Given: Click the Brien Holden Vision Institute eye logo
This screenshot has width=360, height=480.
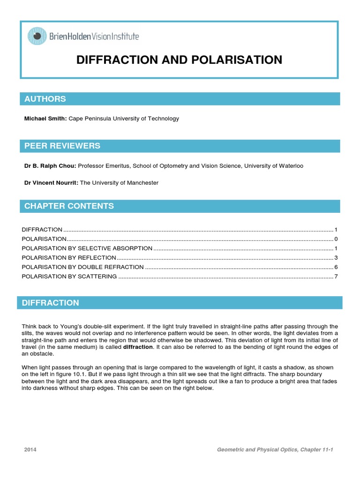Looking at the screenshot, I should point(37,36).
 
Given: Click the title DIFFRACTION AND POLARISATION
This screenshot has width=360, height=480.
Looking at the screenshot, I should point(179,60).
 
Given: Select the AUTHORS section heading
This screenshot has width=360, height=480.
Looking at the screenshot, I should point(45,99).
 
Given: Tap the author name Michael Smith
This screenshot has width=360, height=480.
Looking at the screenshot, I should point(45,119).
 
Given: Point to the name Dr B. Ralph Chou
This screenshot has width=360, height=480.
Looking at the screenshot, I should point(50,166).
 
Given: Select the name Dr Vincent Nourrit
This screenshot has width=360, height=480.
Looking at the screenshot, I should point(52,183).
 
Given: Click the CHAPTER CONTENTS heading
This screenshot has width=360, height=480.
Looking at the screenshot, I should point(69,206).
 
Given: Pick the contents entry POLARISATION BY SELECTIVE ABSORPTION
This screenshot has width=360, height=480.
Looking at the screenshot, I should point(87,248).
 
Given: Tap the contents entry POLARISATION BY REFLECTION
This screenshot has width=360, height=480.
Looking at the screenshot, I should point(69,258).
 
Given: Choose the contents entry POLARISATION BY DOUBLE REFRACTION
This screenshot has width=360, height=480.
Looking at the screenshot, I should point(83,267).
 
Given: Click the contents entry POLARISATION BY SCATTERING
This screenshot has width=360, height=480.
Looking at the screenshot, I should point(69,277).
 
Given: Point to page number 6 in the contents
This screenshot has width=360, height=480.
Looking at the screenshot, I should point(336,267).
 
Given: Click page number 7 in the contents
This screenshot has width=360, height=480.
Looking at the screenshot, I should point(336,277).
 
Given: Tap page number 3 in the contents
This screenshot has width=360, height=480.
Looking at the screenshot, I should point(336,258).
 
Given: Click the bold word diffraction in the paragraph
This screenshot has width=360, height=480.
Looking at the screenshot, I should point(138,347).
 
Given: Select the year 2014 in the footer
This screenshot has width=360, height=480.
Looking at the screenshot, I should point(30,450).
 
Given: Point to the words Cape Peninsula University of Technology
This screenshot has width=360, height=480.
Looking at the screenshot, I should point(124,119).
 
